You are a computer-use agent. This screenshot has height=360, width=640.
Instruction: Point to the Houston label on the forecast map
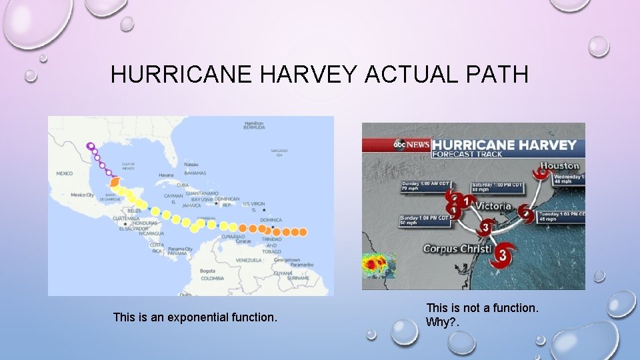coord(559,165)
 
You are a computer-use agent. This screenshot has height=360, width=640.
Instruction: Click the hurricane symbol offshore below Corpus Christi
coord(503,254)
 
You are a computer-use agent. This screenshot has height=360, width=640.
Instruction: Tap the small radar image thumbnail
coord(379,265)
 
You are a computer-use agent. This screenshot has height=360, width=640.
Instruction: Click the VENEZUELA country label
coord(249,259)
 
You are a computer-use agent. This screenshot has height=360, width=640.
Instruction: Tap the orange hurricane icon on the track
coord(114,181)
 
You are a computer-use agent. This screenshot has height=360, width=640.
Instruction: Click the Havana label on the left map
coord(166,175)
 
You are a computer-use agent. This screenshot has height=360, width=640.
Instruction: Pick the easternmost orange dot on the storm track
coord(303,232)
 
